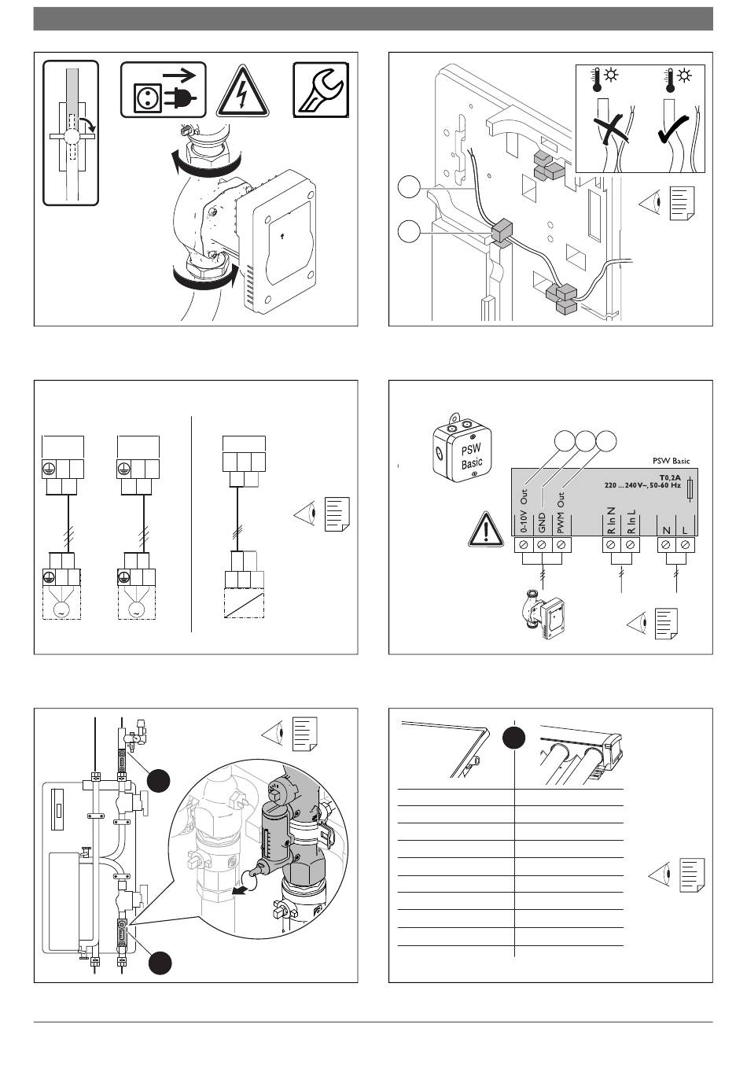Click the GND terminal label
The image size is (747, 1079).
pos(542,521)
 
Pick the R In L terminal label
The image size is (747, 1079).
pos(631,522)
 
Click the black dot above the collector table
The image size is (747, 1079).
pos(514,738)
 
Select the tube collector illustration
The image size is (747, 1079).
pos(580,752)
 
